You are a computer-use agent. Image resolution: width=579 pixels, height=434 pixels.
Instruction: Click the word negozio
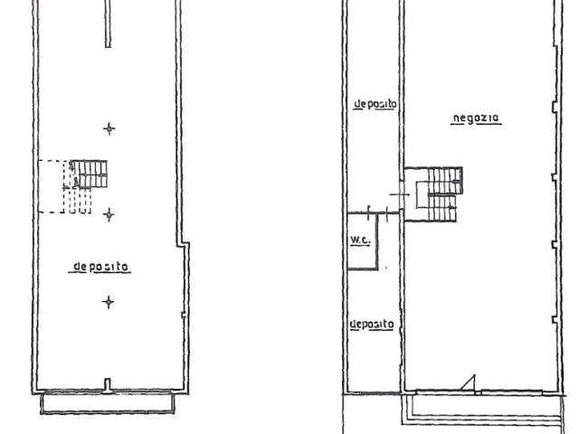(x=476, y=118)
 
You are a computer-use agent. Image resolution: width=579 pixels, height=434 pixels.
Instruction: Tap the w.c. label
(x=360, y=241)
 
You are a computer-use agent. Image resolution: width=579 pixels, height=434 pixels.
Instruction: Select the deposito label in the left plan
(x=100, y=267)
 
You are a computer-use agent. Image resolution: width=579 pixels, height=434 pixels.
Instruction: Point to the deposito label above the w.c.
(x=375, y=105)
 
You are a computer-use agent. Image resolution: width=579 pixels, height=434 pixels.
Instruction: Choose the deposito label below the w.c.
(x=372, y=325)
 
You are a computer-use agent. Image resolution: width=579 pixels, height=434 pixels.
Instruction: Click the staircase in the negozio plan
(x=434, y=194)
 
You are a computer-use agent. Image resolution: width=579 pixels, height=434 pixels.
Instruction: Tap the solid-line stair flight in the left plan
(x=90, y=174)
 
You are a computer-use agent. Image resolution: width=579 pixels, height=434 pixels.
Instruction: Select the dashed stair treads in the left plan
(x=78, y=200)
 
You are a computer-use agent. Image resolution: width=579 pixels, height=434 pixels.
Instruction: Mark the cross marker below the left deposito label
(x=109, y=302)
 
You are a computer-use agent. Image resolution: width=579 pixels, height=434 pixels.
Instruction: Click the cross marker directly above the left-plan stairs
(x=109, y=128)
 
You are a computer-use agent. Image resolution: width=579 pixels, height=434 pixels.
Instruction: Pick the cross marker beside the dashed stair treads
(x=109, y=214)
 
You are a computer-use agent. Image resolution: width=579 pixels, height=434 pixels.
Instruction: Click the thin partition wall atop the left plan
(x=108, y=24)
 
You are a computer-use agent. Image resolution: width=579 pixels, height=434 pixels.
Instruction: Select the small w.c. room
(x=363, y=241)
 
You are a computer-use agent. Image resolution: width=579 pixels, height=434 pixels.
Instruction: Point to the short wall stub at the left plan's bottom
(x=108, y=385)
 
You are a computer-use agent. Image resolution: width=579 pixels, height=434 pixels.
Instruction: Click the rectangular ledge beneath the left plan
(x=107, y=403)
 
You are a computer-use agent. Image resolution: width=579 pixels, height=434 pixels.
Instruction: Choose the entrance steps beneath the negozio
(x=482, y=410)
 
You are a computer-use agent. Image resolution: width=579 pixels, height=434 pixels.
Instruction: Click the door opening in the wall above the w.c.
(x=378, y=213)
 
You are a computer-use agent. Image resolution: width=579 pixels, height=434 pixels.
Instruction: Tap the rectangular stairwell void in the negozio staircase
(x=422, y=194)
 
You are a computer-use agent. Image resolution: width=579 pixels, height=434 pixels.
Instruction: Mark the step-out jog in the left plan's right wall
(x=183, y=244)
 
